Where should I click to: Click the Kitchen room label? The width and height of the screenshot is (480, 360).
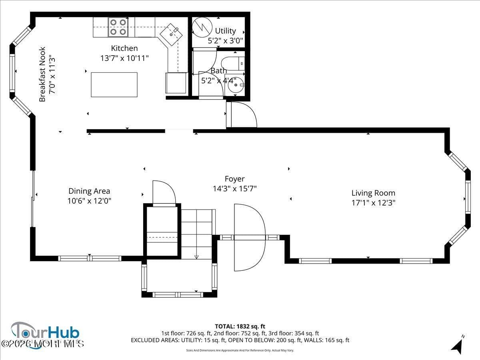point(124,48)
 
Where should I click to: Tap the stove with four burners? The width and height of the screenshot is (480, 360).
point(118,27)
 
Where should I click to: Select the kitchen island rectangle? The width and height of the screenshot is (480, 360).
point(114,84)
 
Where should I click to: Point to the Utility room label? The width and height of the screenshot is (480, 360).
point(225,31)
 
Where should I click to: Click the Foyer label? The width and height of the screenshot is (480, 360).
point(234,179)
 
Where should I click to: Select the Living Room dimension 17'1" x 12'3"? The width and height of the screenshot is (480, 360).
point(373,203)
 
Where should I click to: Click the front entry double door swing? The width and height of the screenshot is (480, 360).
point(249,237)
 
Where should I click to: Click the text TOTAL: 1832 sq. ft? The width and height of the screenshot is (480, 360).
point(240,326)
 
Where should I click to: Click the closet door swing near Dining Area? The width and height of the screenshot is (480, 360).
point(164,192)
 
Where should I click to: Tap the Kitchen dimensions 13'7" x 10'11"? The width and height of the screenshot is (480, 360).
point(124,58)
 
